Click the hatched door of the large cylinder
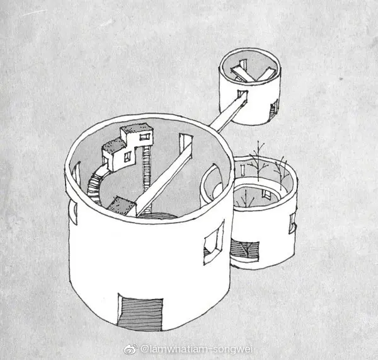pos(140,313)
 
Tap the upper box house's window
pos(144,137)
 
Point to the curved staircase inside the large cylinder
pos(96,183)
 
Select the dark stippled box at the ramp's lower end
pos(121,206)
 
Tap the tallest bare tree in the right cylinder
pos(258,161)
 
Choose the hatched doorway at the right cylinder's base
pos(244,251)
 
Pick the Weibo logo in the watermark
pos(130,349)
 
